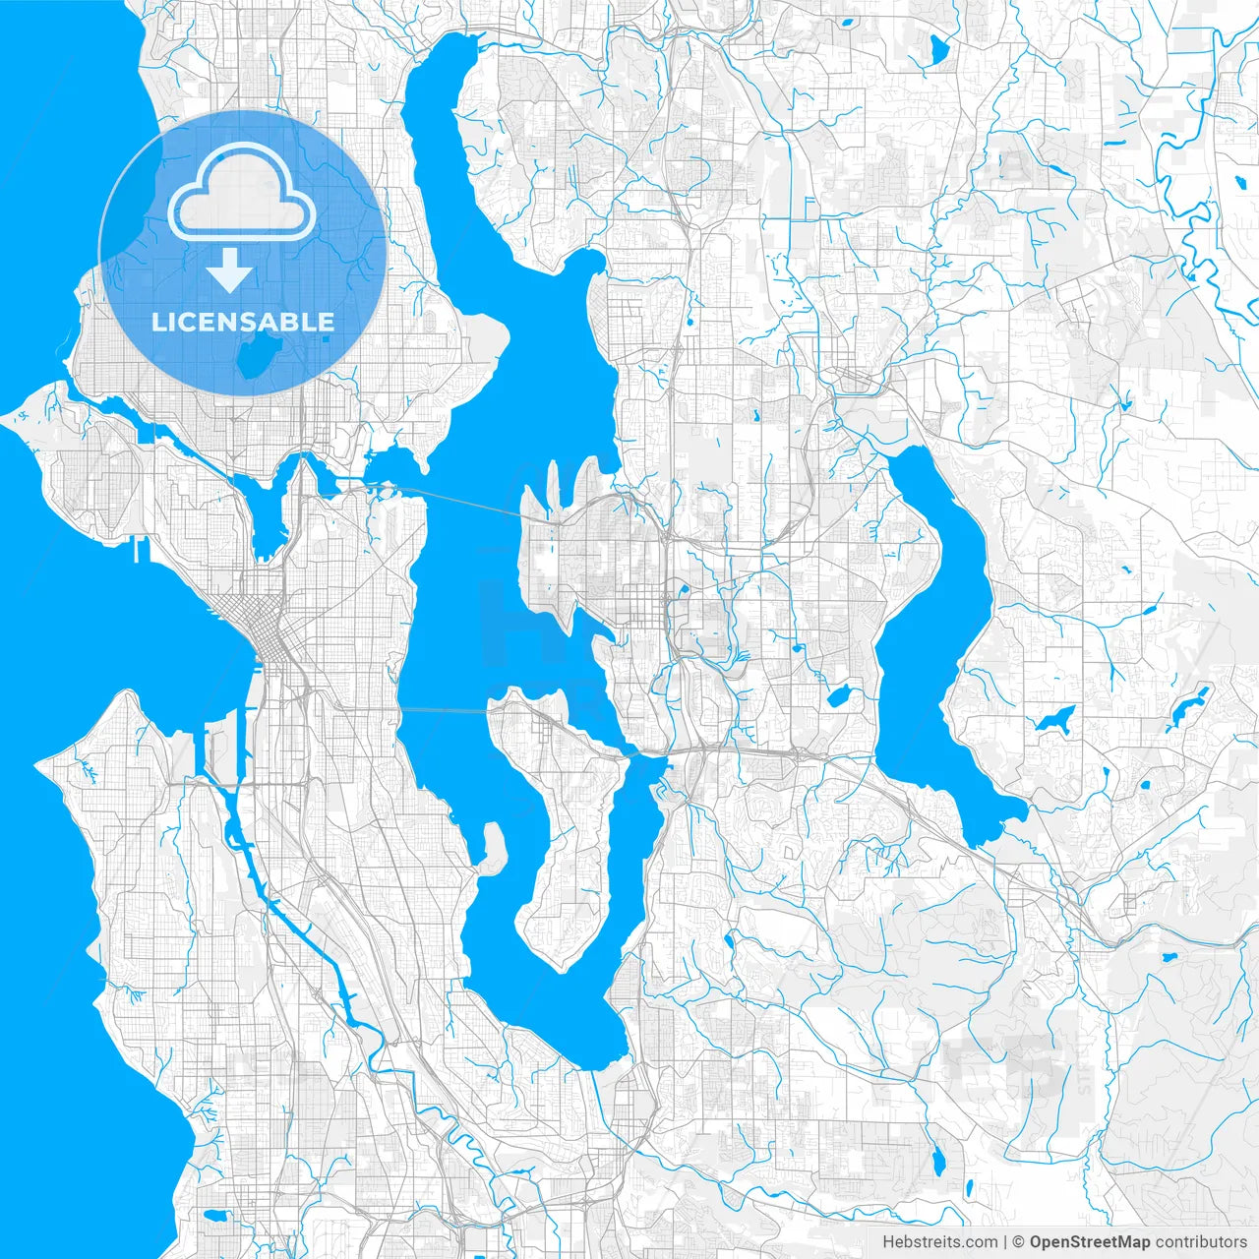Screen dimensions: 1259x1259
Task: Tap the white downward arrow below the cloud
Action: pyautogui.click(x=229, y=270)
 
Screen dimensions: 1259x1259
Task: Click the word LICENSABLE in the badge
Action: pyautogui.click(x=242, y=322)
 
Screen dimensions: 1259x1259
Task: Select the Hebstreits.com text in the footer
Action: pyautogui.click(x=939, y=1242)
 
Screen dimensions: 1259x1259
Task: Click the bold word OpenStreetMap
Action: pyautogui.click(x=1089, y=1242)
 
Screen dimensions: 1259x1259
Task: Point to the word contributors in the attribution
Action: pyautogui.click(x=1201, y=1242)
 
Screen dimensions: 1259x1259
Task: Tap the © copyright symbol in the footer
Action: pyautogui.click(x=1019, y=1242)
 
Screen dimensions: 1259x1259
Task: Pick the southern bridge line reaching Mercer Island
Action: pyautogui.click(x=443, y=708)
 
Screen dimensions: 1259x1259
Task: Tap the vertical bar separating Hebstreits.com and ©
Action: pyautogui.click(x=1004, y=1242)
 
